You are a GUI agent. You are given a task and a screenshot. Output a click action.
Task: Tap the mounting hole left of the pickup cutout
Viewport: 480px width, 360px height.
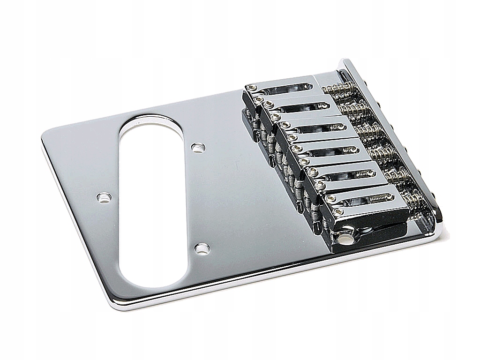pyautogui.click(x=104, y=197)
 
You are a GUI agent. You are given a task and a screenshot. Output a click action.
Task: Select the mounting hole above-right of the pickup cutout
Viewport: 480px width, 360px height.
pyautogui.click(x=198, y=148)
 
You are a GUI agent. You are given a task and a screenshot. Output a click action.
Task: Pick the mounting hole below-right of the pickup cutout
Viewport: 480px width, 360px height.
pyautogui.click(x=202, y=248)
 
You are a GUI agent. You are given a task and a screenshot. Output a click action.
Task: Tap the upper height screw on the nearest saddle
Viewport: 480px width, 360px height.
pyautogui.click(x=331, y=199)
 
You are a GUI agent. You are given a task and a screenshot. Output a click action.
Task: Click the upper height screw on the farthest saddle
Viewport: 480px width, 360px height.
pyautogui.click(x=253, y=88)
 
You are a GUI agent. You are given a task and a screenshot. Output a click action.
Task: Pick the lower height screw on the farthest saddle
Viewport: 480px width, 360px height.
pyautogui.click(x=257, y=99)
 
